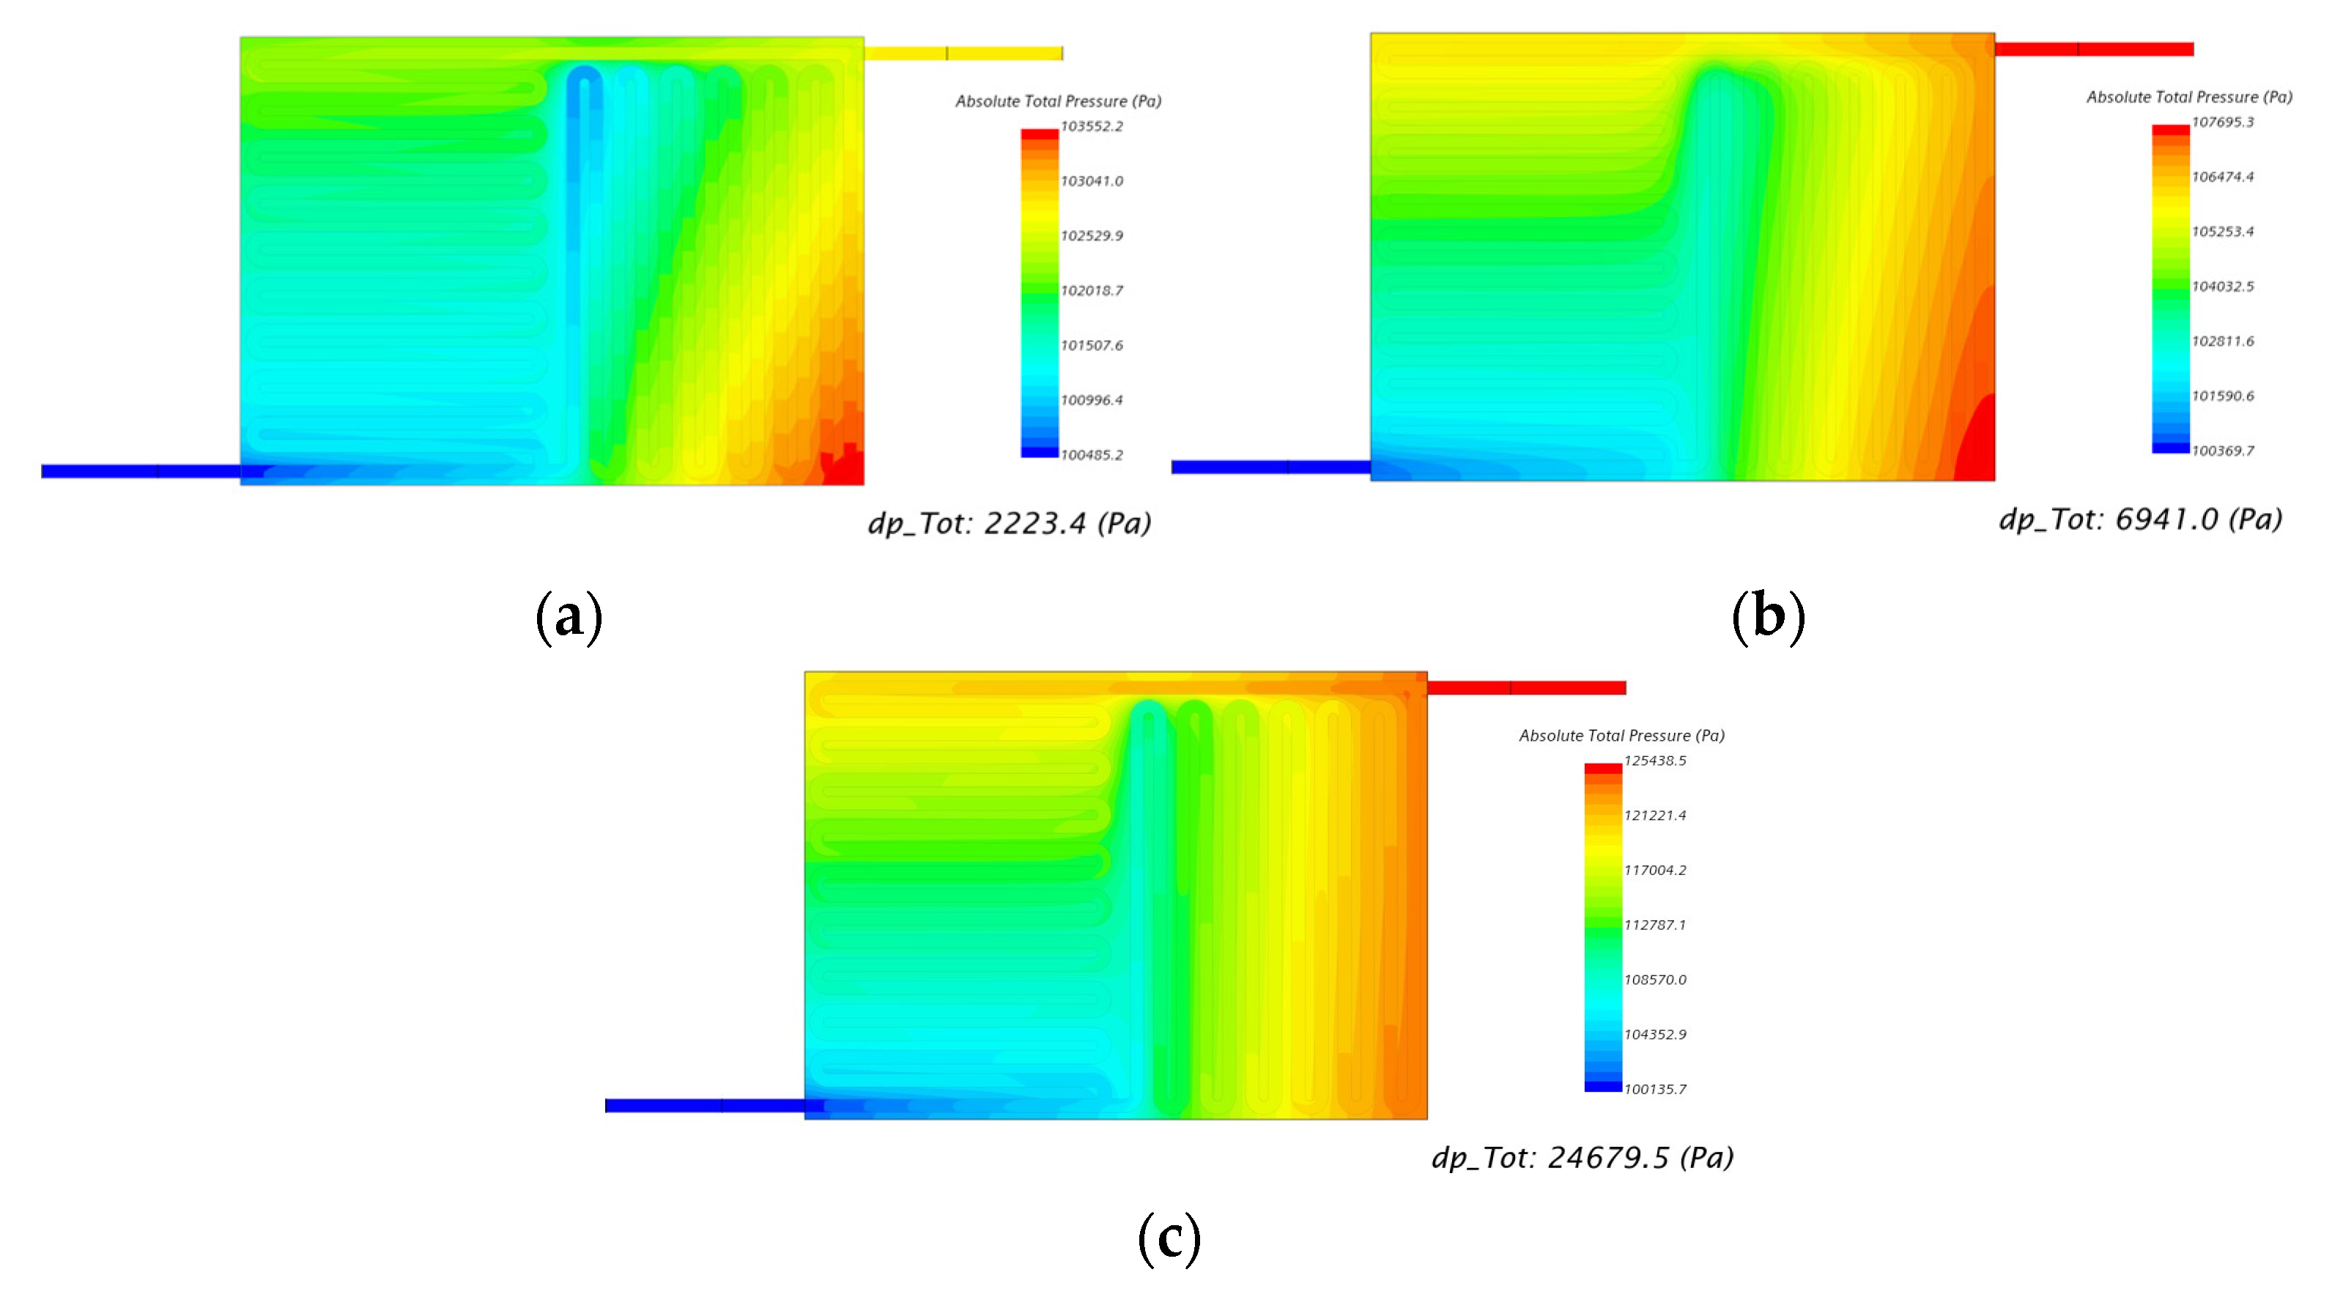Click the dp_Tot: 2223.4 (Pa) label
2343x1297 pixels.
1010,523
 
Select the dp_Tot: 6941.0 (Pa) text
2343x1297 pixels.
2140,520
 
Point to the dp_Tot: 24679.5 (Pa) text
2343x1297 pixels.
1583,1158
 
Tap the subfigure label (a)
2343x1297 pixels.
569,618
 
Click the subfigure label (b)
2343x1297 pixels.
1768,618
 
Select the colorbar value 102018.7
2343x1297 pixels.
1092,291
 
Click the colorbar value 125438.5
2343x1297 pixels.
1654,761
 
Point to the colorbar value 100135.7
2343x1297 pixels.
1654,1090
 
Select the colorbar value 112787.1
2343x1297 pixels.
1654,925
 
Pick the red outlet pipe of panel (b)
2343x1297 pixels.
2094,49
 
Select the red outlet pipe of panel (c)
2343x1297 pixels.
1526,687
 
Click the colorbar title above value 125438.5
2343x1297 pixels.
1622,736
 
